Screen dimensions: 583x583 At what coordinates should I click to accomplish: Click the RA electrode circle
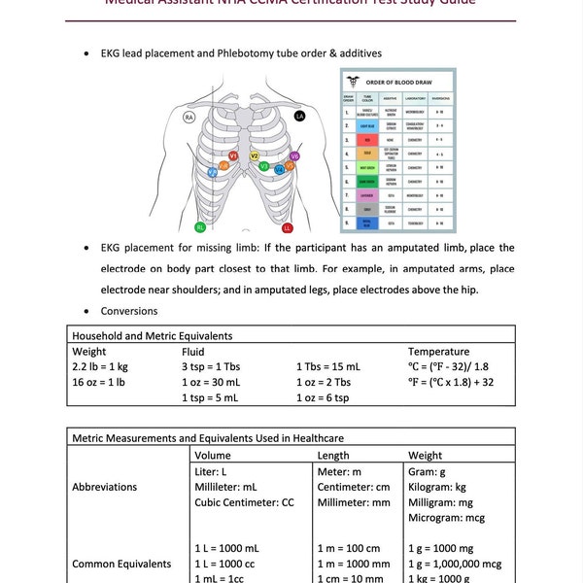point(191,117)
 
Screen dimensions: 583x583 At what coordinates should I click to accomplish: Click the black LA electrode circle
point(299,117)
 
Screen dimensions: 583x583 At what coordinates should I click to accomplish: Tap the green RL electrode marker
point(200,227)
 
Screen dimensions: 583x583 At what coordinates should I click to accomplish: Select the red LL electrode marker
point(288,229)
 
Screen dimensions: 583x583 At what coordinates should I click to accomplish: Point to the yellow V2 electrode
point(255,155)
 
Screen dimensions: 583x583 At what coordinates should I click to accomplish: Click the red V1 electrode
point(234,155)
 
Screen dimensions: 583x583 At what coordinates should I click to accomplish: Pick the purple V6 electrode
point(294,155)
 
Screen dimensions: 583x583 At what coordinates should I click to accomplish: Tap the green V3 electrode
point(264,167)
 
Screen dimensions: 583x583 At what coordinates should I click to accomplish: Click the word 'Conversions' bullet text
point(129,312)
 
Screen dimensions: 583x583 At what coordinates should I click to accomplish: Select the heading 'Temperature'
point(438,351)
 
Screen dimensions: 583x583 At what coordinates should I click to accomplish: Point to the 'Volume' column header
point(213,455)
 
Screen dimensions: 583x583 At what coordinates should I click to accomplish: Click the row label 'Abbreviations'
point(104,487)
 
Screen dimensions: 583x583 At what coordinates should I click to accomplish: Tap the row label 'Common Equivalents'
point(121,564)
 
